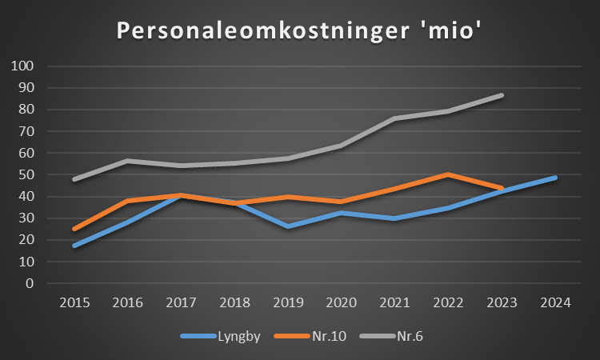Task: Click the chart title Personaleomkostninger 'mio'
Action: pos(299,30)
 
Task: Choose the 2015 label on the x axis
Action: pos(75,302)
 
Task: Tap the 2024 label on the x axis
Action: pos(555,302)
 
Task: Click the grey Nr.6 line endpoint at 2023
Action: pos(502,95)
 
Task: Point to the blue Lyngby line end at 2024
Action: pos(555,178)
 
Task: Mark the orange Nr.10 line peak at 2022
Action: pos(449,174)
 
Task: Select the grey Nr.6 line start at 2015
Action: pos(75,179)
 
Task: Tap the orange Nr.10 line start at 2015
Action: pos(75,229)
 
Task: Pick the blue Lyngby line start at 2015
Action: pos(75,245)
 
